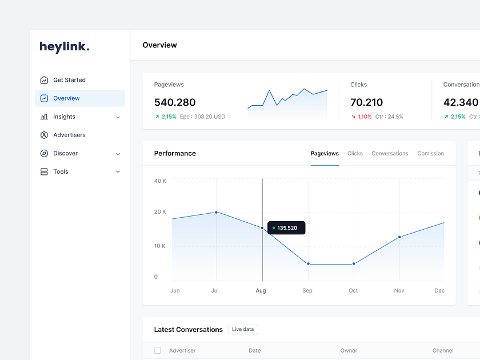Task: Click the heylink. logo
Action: [x=65, y=47]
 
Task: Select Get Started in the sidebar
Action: [x=69, y=80]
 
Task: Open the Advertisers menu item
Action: [x=69, y=135]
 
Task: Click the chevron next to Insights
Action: [x=118, y=117]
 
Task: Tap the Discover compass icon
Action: [x=44, y=153]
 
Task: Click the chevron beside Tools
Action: [x=118, y=172]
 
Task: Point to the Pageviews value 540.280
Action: [x=175, y=102]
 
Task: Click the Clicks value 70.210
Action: [x=366, y=102]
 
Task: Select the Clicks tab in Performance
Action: [x=355, y=153]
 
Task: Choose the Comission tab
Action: [x=430, y=153]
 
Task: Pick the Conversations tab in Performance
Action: [x=390, y=153]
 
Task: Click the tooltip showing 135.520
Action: [x=286, y=227]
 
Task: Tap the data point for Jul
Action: [x=216, y=212]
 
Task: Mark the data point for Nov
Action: [x=399, y=237]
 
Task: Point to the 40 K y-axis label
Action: [x=160, y=181]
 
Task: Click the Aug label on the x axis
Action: [x=261, y=290]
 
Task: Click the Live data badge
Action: [x=243, y=329]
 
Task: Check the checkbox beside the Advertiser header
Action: [x=158, y=350]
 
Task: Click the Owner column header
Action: [x=349, y=350]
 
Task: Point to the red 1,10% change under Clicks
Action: [x=364, y=117]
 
